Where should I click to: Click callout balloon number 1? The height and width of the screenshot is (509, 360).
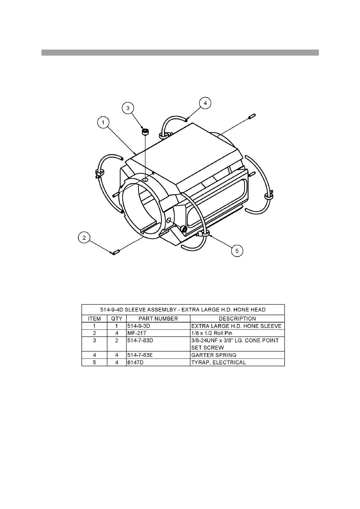pos(103,123)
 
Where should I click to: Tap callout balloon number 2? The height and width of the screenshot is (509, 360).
pos(84,238)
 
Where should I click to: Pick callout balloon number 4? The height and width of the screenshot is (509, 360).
pos(205,103)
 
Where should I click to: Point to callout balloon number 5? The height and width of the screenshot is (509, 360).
pos(237,251)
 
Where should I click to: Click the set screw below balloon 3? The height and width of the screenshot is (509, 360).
pos(146,131)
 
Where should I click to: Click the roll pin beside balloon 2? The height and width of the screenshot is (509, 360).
pos(116,252)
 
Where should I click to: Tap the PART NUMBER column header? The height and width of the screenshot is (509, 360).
pos(158,319)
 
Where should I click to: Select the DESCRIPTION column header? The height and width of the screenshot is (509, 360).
pos(237,319)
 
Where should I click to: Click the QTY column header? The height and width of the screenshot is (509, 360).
pos(117,319)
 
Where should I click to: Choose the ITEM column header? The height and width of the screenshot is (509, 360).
pos(94,319)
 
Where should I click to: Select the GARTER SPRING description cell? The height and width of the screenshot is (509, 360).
pos(214,355)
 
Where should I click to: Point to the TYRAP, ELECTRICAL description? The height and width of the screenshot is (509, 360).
pos(219,362)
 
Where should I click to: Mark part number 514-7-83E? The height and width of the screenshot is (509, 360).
pos(140,355)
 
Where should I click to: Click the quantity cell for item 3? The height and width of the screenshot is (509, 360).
pos(117,340)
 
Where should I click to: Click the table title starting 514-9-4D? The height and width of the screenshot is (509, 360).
pos(183,310)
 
